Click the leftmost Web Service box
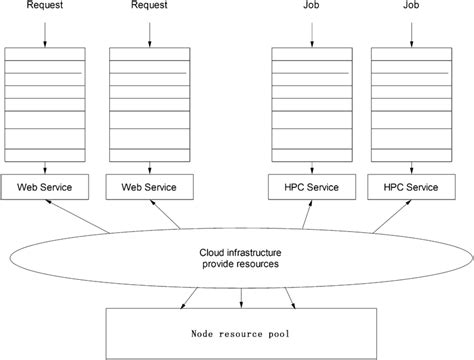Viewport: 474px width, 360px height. click(x=46, y=186)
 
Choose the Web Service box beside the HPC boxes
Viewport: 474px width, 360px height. click(x=149, y=186)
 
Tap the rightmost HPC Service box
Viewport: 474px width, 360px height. click(x=410, y=186)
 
